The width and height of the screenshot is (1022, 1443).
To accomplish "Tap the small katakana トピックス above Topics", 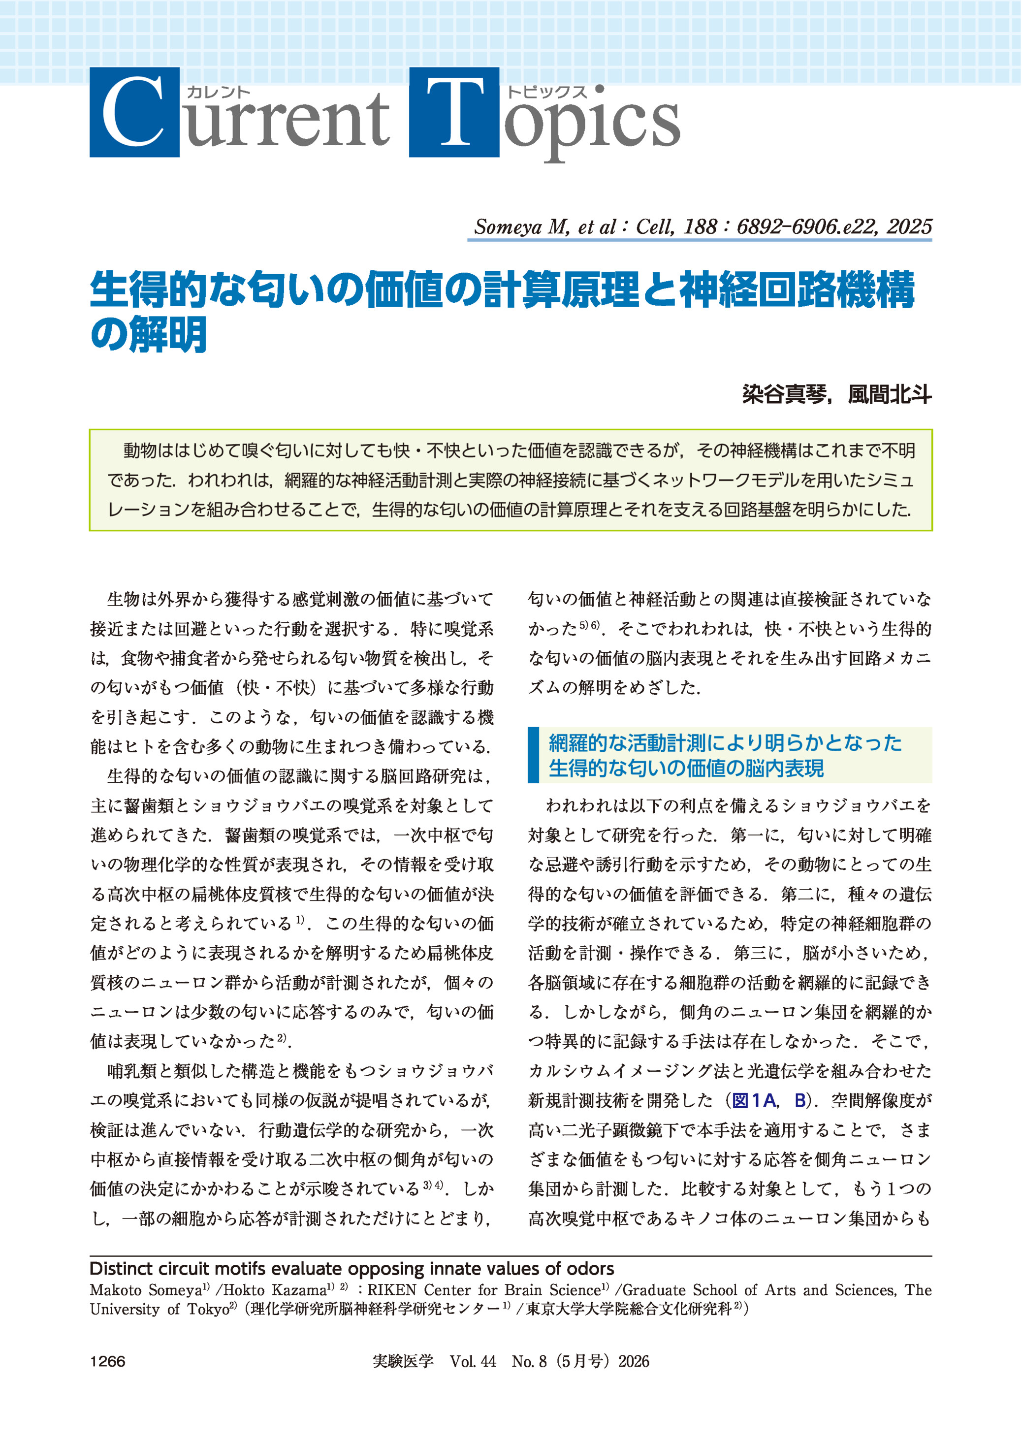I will pyautogui.click(x=547, y=93).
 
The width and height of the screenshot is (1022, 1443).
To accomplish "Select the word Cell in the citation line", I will pyautogui.click(x=654, y=226).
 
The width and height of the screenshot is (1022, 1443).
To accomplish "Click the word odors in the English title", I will pyautogui.click(x=588, y=1269).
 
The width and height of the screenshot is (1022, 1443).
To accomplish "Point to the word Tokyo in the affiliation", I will pyautogui.click(x=208, y=1310).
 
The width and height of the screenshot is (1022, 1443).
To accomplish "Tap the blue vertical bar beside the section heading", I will pyautogui.click(x=534, y=755).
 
